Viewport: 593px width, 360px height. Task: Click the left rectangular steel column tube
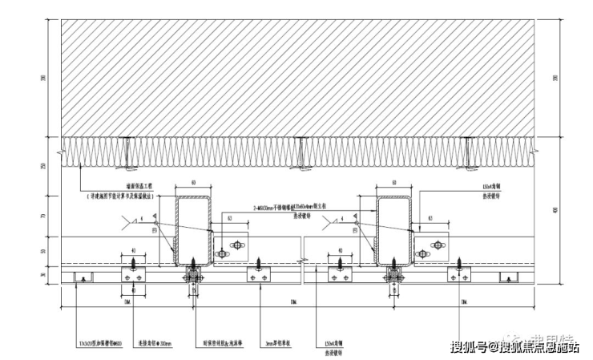click(192, 229)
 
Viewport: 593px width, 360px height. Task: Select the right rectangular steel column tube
click(393, 229)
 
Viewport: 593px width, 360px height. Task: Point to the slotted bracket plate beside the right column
click(437, 245)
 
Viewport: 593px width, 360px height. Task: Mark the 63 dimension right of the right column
click(431, 217)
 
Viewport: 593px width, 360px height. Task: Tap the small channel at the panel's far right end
click(508, 277)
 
